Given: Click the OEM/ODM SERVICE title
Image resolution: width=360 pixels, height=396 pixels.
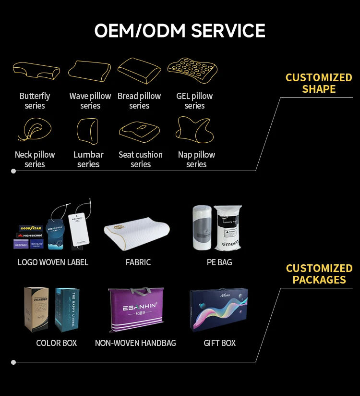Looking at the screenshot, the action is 180,31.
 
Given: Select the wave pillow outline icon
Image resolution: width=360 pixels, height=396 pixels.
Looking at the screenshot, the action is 90,72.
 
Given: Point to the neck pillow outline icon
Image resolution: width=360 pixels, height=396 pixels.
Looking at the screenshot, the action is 34,130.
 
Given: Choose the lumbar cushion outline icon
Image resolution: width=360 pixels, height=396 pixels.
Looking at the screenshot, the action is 88,130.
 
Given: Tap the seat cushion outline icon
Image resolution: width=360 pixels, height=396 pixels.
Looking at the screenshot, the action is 140,130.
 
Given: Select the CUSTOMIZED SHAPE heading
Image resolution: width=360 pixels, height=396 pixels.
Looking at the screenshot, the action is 319,83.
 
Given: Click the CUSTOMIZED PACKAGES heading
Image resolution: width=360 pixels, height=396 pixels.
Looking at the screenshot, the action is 319,274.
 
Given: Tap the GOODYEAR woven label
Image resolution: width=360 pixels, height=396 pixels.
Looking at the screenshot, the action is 31,229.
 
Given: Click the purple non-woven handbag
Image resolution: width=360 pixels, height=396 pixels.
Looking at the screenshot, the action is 135,310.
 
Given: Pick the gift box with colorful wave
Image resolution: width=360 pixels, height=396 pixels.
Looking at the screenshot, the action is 219,309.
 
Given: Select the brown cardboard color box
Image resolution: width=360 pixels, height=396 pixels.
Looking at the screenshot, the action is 36,309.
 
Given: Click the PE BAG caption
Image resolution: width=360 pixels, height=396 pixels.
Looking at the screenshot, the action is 219,262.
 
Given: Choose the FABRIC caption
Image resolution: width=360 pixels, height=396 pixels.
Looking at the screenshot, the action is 138,262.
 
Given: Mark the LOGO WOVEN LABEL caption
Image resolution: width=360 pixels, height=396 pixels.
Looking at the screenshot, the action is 53,262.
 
